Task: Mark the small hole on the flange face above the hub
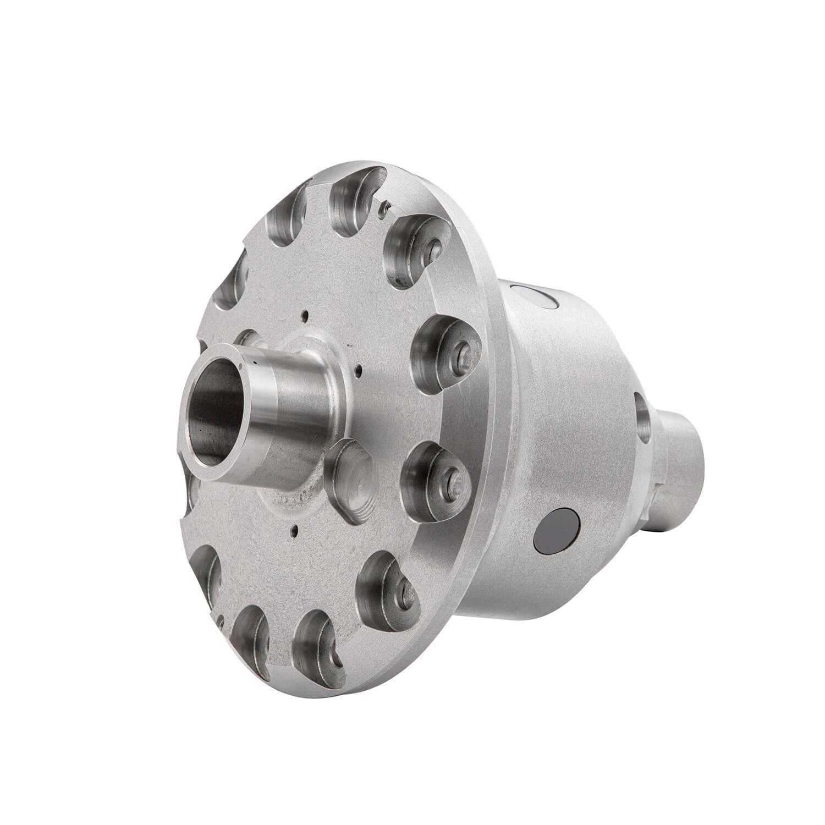pos(304,316)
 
